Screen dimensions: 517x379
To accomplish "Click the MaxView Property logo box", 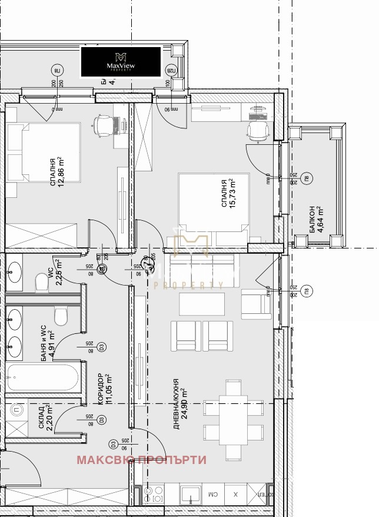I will click(121, 61).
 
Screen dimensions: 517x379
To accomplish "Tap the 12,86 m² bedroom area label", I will click(56, 172).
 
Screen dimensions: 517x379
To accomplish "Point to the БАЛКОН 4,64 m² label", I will click(314, 219).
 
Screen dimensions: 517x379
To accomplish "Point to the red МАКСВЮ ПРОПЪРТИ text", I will click(142, 460).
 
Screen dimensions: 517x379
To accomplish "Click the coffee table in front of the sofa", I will click(201, 304).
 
